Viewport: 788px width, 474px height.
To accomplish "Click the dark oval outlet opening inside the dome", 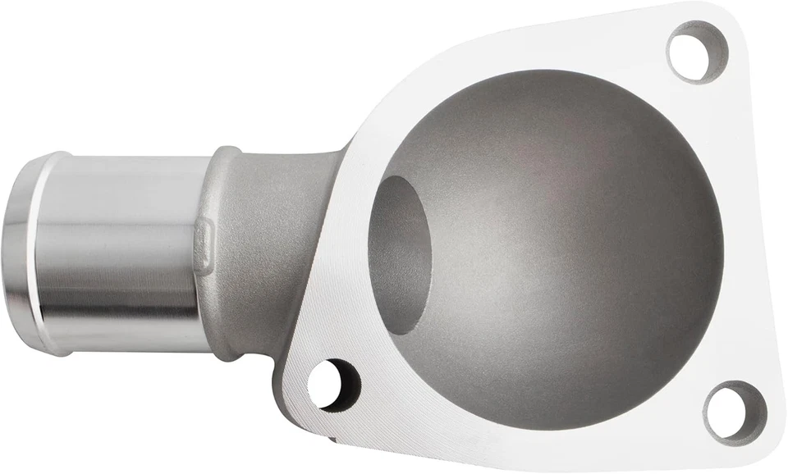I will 400,254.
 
